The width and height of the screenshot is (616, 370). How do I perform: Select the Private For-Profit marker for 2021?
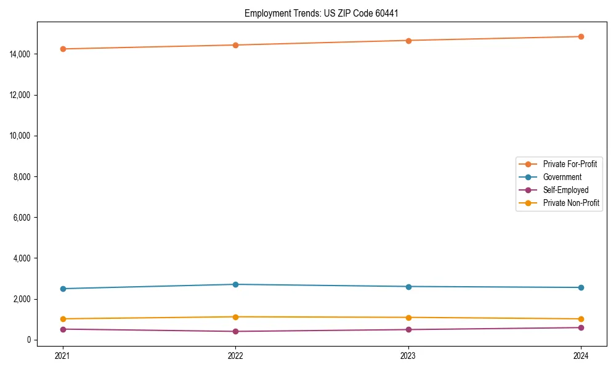(x=63, y=49)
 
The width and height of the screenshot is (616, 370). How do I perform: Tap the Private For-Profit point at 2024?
(x=581, y=36)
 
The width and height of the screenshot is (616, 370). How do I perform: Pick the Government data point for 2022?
(x=235, y=284)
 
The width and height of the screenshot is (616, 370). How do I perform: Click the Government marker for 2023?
(x=408, y=287)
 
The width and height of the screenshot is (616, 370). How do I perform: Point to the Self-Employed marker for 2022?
(x=235, y=331)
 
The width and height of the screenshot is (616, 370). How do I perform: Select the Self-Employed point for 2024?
(x=581, y=327)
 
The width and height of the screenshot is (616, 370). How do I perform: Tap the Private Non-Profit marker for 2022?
(x=235, y=317)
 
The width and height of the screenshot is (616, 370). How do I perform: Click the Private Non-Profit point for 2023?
(x=408, y=318)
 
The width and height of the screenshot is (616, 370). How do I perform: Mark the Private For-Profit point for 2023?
(x=408, y=41)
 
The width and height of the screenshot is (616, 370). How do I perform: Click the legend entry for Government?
(x=562, y=177)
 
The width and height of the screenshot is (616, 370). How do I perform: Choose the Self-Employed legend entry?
(x=565, y=190)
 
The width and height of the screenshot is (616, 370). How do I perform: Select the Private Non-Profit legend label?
(x=571, y=203)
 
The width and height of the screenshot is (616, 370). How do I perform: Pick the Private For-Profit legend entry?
(x=570, y=164)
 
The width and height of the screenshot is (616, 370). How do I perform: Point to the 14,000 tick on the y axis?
(x=22, y=54)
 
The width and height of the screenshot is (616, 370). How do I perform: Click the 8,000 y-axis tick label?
(x=23, y=177)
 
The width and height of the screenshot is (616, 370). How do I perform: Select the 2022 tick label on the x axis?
(x=235, y=355)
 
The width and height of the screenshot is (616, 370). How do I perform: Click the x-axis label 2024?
(x=581, y=355)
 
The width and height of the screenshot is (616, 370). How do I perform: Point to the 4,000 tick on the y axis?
(x=23, y=258)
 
